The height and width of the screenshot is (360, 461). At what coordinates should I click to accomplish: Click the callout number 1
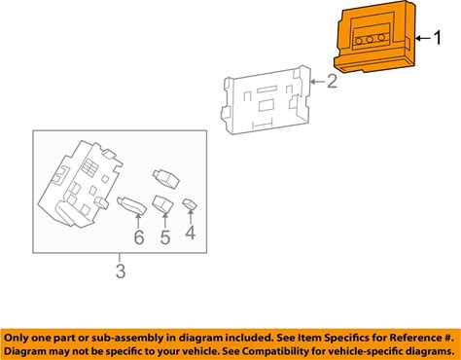[438, 38]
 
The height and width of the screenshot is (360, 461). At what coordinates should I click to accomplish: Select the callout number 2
[332, 81]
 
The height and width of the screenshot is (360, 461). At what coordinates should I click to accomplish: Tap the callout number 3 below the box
[121, 271]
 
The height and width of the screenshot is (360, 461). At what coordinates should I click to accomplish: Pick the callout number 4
[191, 233]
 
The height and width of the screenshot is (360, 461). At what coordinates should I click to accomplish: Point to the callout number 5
[165, 237]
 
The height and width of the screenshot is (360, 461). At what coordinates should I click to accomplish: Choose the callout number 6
[139, 237]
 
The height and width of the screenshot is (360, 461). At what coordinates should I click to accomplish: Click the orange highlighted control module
[374, 37]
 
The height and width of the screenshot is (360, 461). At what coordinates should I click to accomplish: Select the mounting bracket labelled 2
[266, 100]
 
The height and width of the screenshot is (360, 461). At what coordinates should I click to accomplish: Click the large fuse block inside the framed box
[80, 184]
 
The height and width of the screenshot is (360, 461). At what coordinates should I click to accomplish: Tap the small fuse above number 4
[190, 204]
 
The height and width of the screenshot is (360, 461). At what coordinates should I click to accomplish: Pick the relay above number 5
[162, 203]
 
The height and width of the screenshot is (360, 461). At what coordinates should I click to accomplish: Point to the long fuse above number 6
[131, 205]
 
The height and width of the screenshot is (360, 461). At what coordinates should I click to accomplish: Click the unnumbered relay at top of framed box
[166, 179]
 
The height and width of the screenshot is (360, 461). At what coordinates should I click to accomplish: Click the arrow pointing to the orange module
[423, 38]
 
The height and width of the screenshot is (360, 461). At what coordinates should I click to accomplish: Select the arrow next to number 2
[317, 81]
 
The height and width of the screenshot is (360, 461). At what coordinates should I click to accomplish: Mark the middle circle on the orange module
[370, 40]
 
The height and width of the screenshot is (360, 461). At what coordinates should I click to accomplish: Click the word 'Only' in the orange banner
[16, 338]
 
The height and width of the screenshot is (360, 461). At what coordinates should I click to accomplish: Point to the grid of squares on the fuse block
[89, 165]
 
